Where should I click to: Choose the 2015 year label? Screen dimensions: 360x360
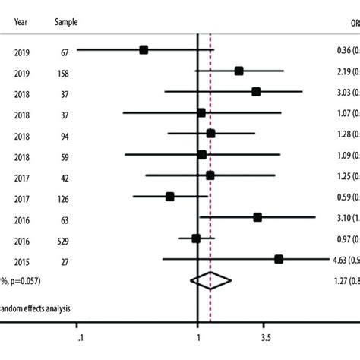pos(22,260)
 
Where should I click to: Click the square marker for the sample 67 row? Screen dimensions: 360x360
pos(144,50)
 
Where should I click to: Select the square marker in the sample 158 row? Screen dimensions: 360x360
pos(238,71)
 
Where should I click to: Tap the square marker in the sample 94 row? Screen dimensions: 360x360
pos(210,134)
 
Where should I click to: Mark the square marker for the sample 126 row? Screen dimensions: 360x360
pos(170,196)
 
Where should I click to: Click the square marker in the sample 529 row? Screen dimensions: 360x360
pos(196,238)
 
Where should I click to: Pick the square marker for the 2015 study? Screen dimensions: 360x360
pos(278,259)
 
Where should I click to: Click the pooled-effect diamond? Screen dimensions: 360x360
pos(210,281)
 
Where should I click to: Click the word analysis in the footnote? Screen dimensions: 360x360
pos(51,308)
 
